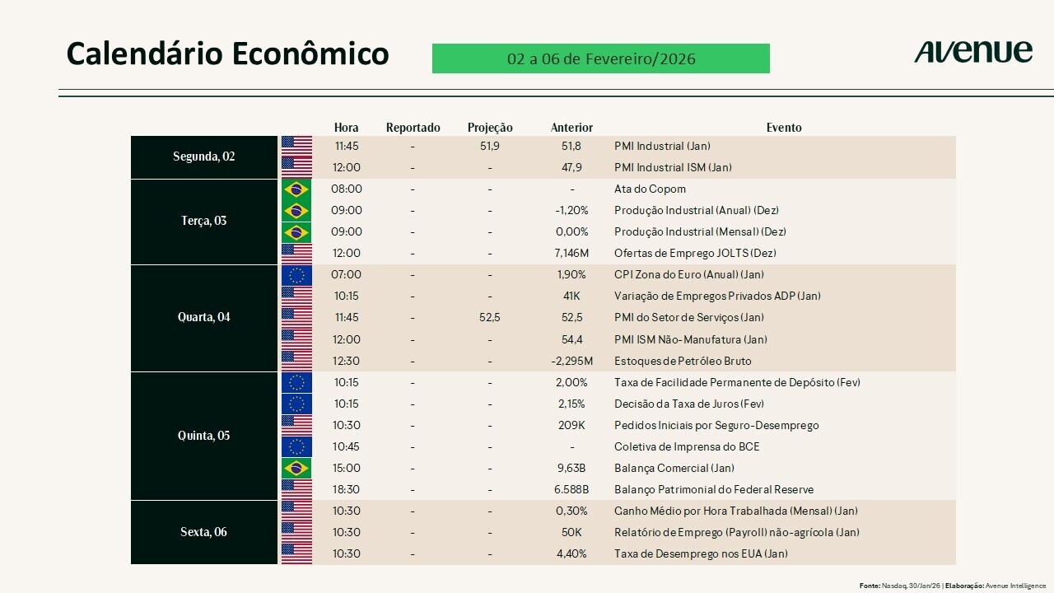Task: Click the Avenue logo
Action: pyautogui.click(x=972, y=52)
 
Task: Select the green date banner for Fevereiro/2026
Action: pyautogui.click(x=600, y=58)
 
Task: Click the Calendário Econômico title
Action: pyautogui.click(x=227, y=54)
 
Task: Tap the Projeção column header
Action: pyautogui.click(x=490, y=128)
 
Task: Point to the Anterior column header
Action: pyautogui.click(x=571, y=128)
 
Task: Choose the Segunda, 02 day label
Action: pyautogui.click(x=204, y=156)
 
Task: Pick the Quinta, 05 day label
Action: pyautogui.click(x=204, y=436)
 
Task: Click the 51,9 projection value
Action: pyautogui.click(x=490, y=146)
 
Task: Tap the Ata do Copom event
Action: pyautogui.click(x=650, y=189)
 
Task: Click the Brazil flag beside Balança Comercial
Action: pyautogui.click(x=296, y=468)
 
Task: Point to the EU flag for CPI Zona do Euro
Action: pyautogui.click(x=296, y=274)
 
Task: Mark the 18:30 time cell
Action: pyautogui.click(x=346, y=489)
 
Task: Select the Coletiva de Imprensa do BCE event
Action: pyautogui.click(x=687, y=446)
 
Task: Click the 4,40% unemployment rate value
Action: pyautogui.click(x=571, y=553)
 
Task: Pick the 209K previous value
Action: pyautogui.click(x=571, y=425)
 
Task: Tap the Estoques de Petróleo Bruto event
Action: pyautogui.click(x=683, y=361)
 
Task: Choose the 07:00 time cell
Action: pyautogui.click(x=346, y=274)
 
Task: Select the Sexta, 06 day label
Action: pyautogui.click(x=204, y=532)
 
